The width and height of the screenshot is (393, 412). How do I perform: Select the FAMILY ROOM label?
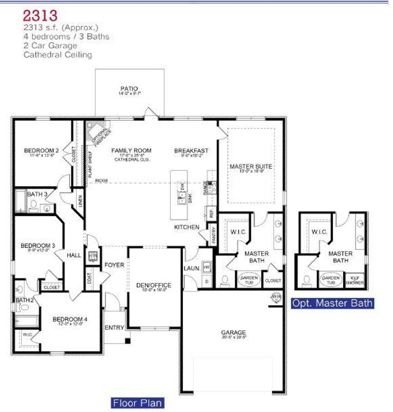point(131,151)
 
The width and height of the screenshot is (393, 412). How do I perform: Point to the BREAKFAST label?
point(191,151)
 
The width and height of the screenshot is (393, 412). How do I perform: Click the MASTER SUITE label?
point(251,167)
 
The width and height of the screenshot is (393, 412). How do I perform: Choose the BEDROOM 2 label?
point(41,150)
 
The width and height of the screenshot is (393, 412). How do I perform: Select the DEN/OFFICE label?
point(154,285)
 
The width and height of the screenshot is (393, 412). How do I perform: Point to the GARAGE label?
point(233,333)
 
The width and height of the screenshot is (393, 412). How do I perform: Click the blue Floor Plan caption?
point(137,402)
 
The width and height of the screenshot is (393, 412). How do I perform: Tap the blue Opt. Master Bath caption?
point(332,303)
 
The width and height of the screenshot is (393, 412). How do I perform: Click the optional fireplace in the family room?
point(99,133)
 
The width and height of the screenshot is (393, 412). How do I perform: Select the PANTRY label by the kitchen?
point(213,234)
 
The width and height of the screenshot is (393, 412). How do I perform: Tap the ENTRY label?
point(114,327)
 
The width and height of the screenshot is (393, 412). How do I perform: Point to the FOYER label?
point(114,265)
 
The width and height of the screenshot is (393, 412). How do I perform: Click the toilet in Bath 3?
point(33,204)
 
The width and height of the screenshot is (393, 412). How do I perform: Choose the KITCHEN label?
point(187,227)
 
